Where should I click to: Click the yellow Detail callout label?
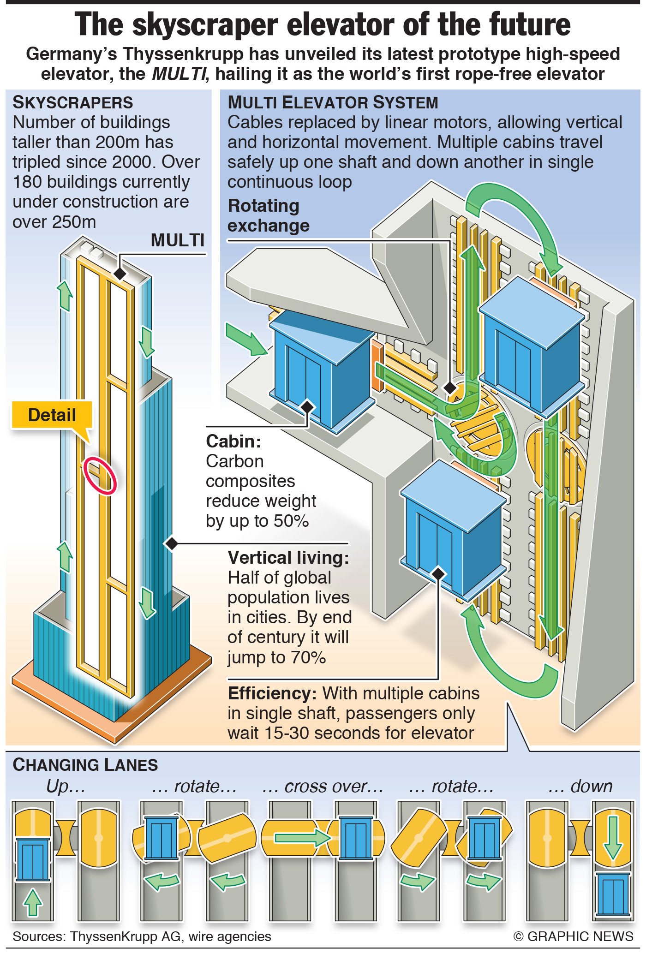coord(52,415)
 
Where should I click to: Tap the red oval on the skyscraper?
coord(100,475)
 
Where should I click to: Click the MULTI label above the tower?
coord(178,240)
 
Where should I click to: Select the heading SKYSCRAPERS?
coord(73,102)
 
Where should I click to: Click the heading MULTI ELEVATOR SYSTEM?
coord(333,102)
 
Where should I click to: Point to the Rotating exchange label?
coord(269,215)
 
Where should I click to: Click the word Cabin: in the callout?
coord(233,441)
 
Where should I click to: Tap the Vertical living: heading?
coord(288,558)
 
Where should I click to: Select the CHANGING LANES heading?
coord(85,765)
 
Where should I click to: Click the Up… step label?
coord(66,786)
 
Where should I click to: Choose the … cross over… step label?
coord(323,786)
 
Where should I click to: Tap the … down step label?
coord(580,786)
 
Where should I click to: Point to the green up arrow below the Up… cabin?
coord(32,902)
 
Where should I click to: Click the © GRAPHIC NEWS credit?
coord(573,936)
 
